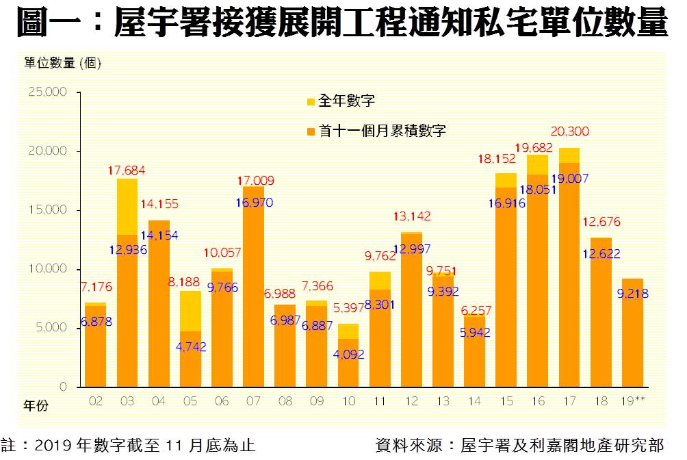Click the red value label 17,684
(127, 170)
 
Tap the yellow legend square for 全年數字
(311, 102)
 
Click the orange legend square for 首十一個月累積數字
(311, 131)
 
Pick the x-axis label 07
(253, 400)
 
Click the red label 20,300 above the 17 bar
(569, 131)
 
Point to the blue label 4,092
(349, 355)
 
